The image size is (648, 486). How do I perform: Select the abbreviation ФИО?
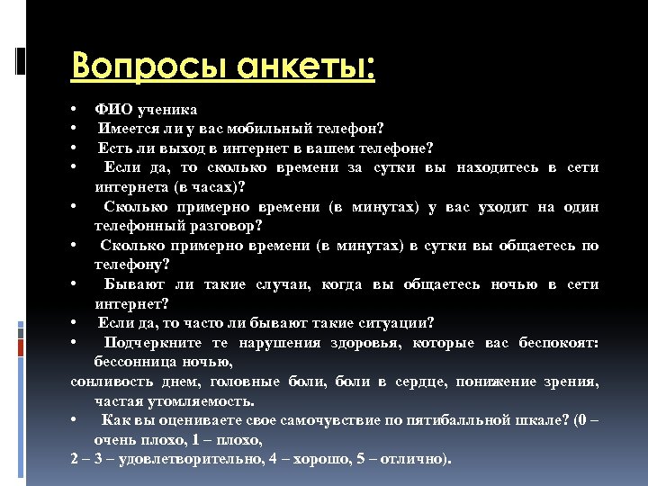(x=112, y=110)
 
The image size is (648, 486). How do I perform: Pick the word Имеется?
(x=130, y=129)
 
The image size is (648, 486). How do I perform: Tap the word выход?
(x=189, y=148)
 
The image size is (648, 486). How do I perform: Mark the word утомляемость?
(x=202, y=401)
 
